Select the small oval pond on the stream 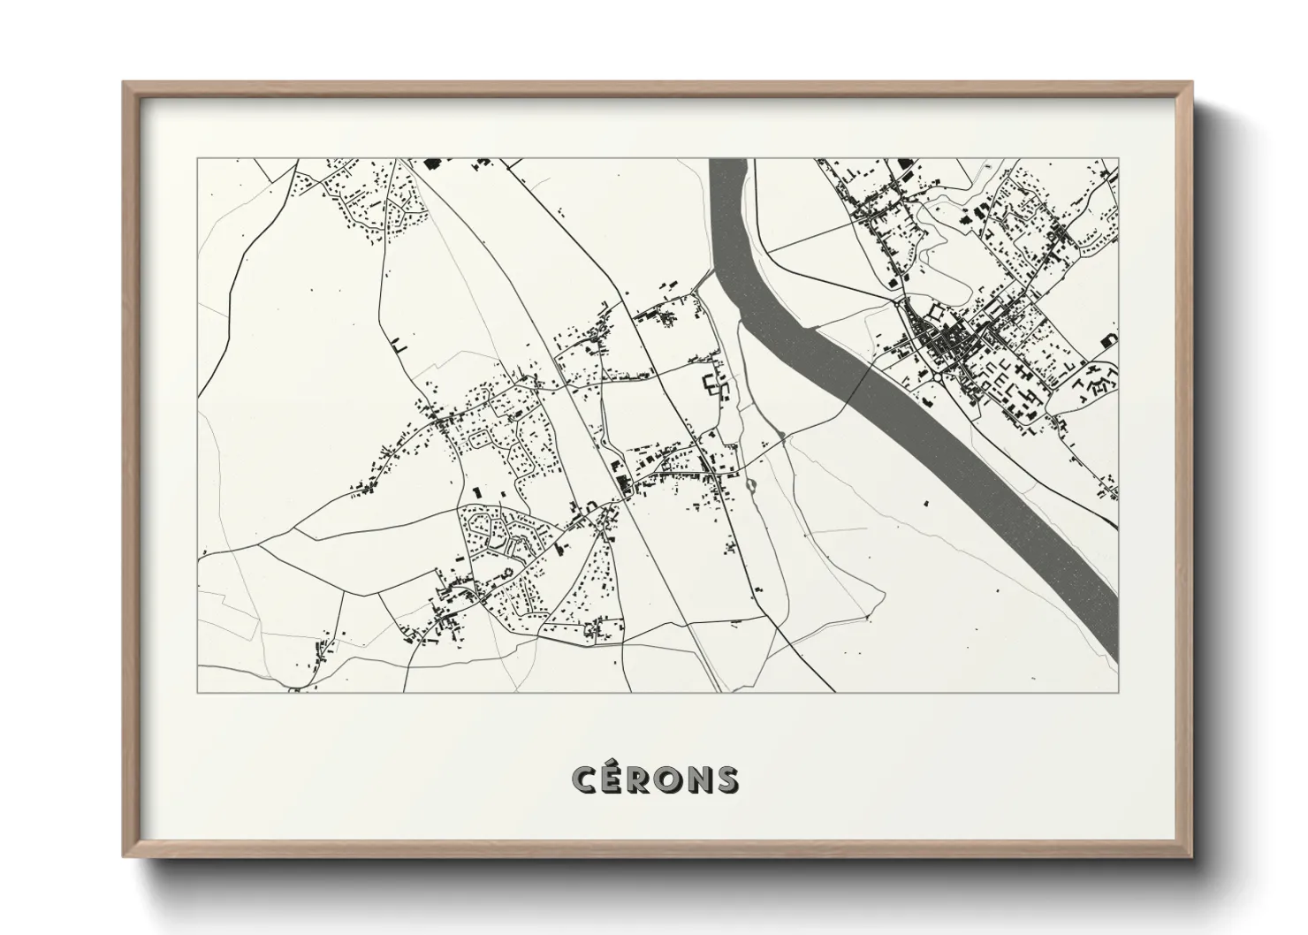click(751, 484)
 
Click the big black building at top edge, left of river click(432, 163)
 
